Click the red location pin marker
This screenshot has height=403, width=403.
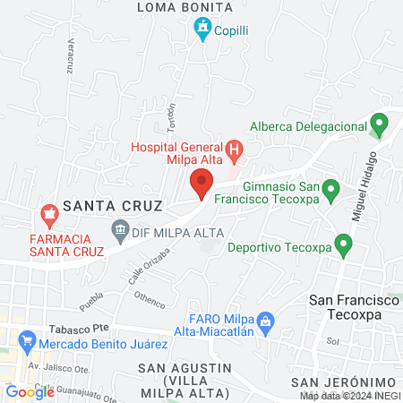coord(201,186)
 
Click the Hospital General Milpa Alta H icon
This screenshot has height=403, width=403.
coord(234,150)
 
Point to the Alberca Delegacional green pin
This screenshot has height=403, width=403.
coord(379,124)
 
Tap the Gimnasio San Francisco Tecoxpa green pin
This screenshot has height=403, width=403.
coord(330,190)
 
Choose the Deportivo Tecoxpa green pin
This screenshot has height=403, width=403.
coord(342,244)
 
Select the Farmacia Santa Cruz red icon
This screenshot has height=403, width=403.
coord(48,216)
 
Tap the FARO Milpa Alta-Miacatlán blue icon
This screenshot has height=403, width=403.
coord(265,321)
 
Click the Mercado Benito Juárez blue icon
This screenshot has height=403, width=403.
coord(26,341)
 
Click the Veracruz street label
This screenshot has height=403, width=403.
coord(68,57)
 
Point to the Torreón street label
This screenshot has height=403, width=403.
coord(171,116)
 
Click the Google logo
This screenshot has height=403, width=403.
coord(30,391)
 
